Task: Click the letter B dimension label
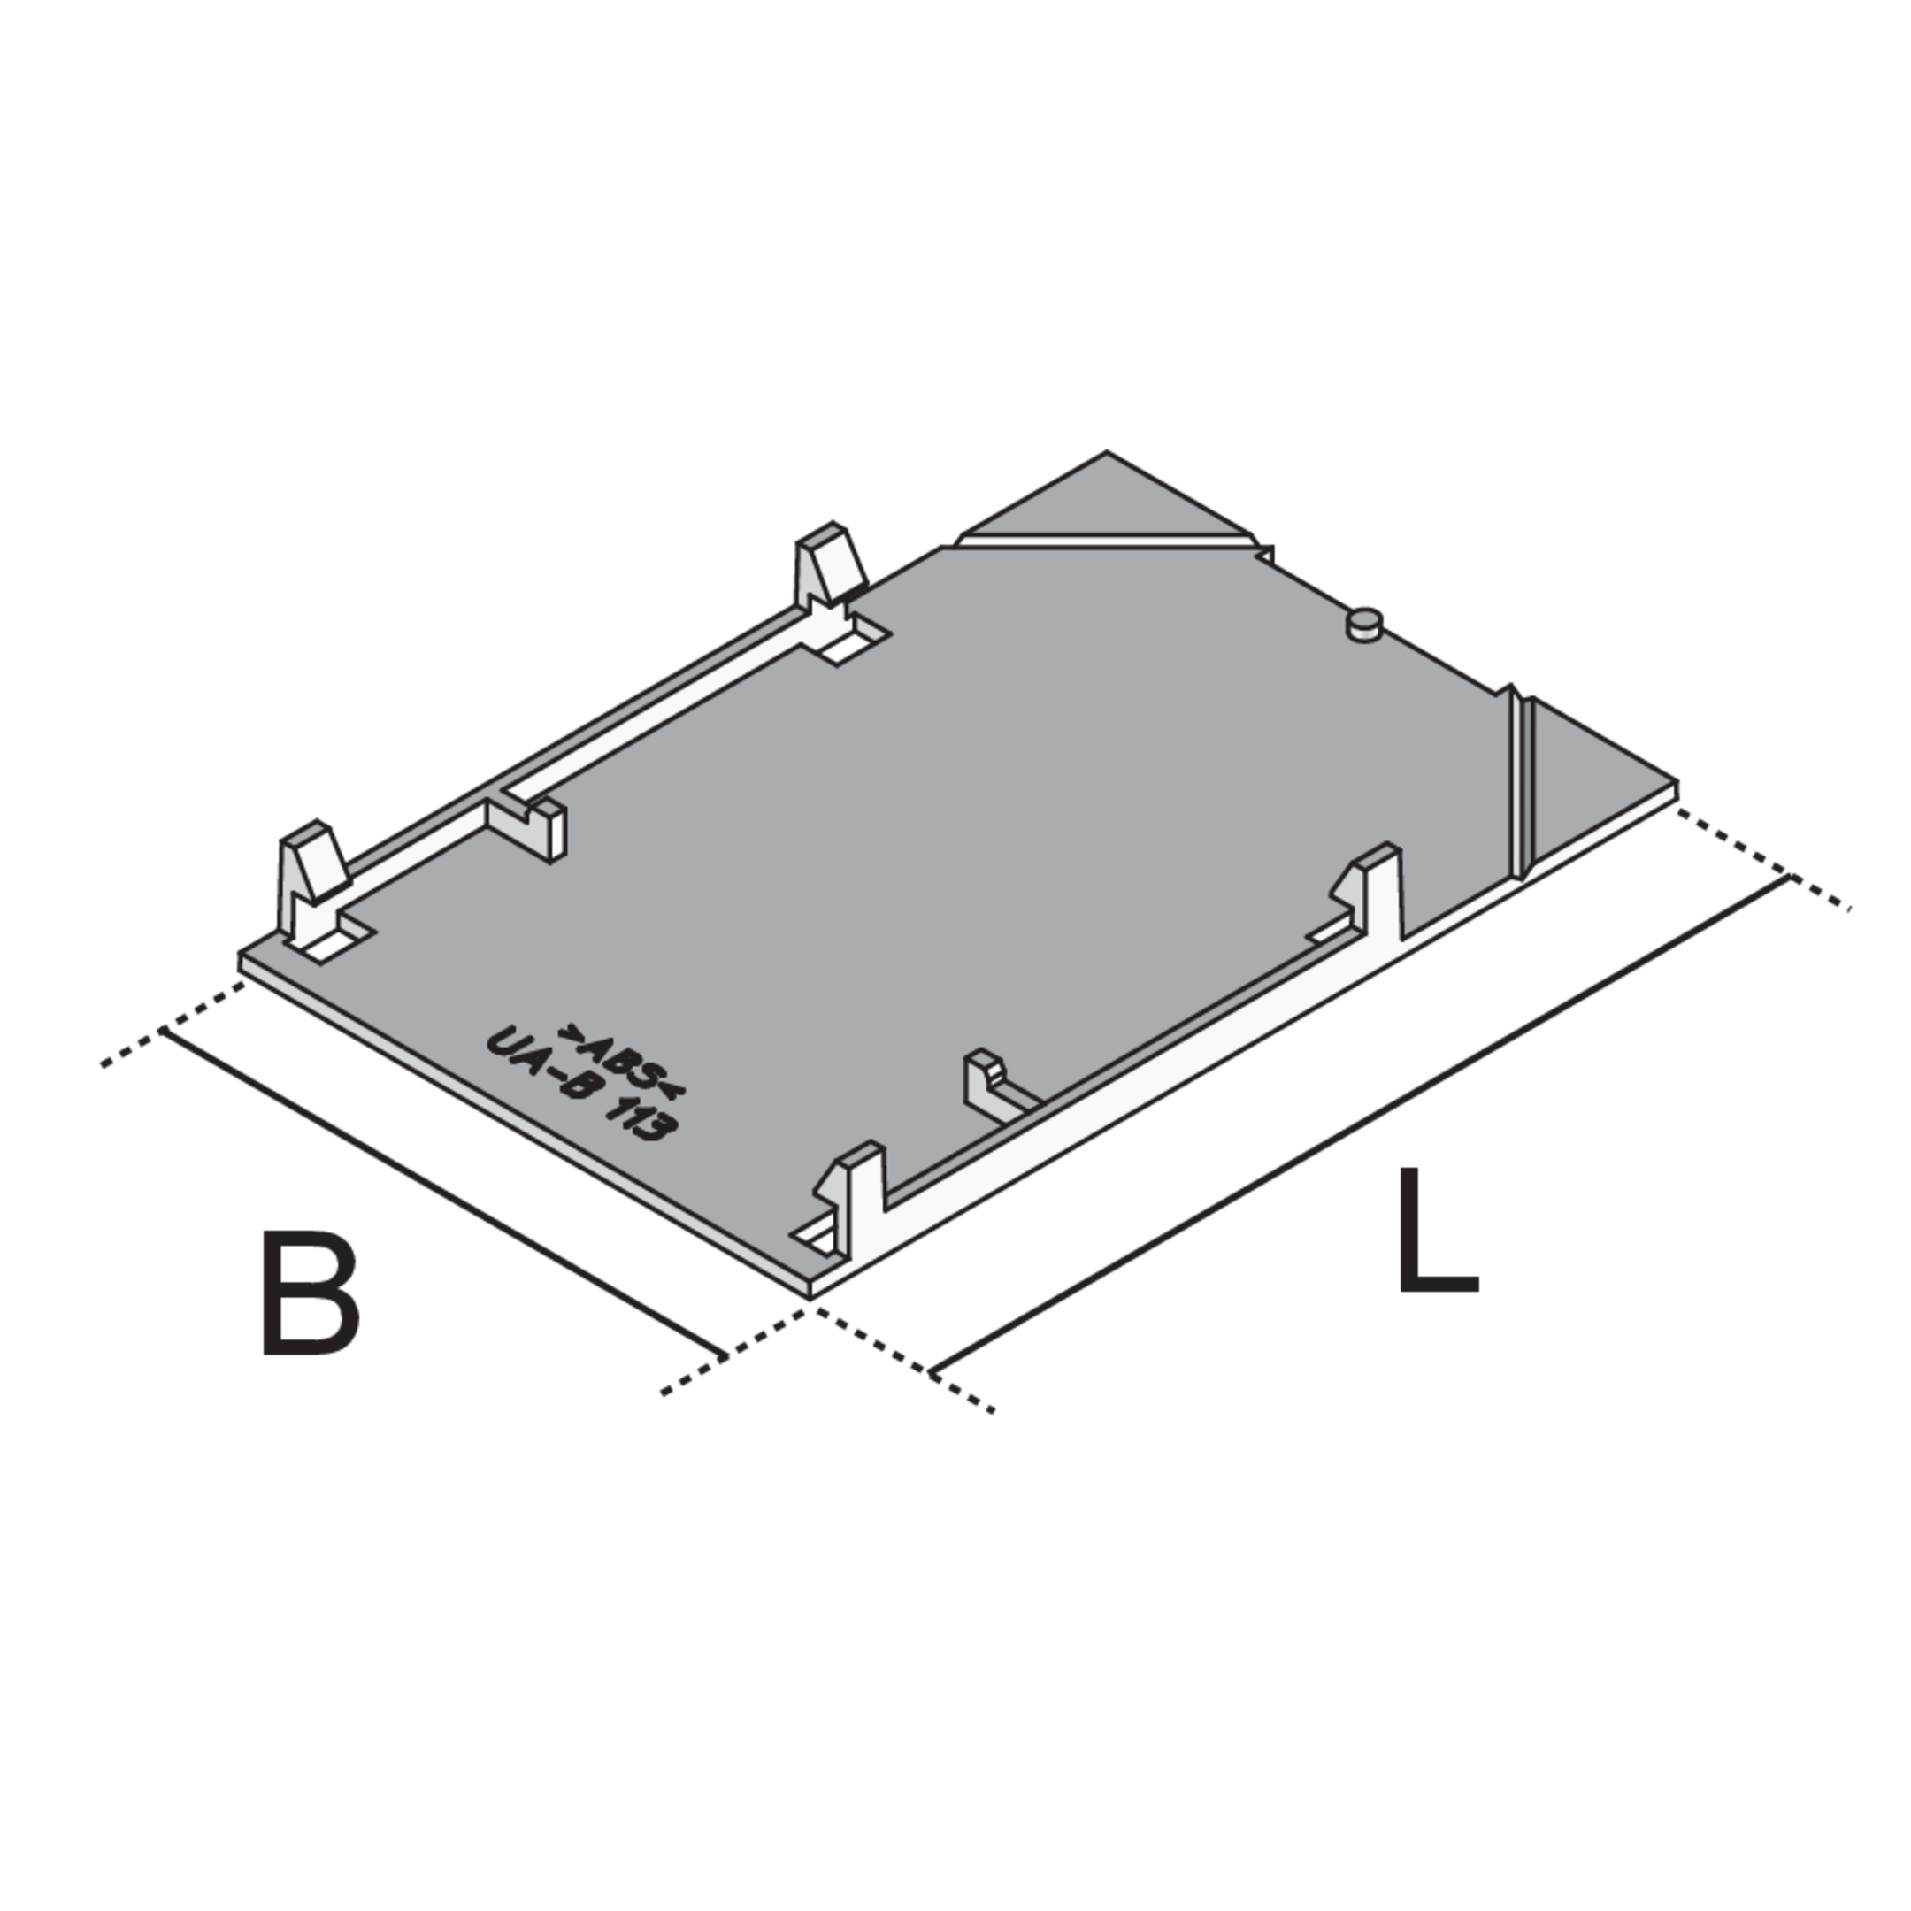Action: coord(310,1292)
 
